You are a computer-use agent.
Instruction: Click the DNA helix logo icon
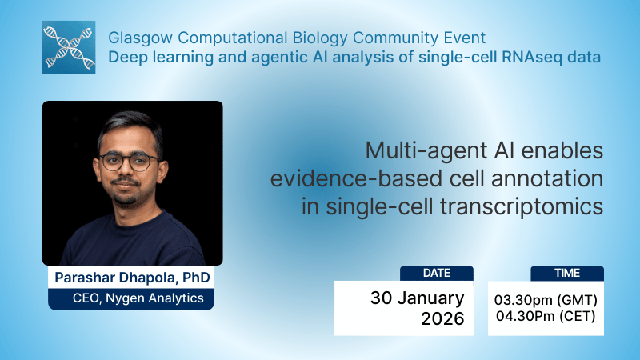tap(69, 47)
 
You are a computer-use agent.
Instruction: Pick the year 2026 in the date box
tap(442, 318)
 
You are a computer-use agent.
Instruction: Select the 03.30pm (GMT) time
tap(546, 300)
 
